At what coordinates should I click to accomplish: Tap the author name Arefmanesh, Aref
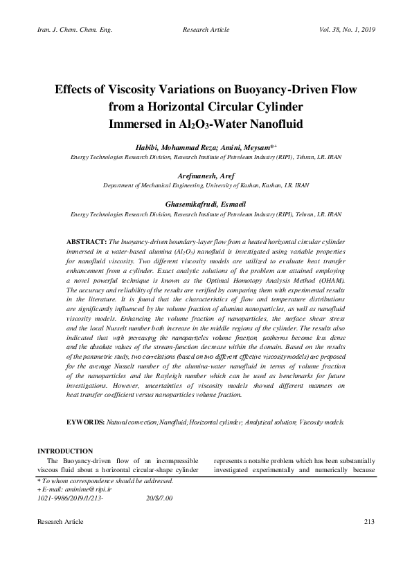pos(206,177)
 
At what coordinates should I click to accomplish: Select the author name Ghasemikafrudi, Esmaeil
pos(206,205)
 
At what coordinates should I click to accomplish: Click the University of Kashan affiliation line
pos(206,186)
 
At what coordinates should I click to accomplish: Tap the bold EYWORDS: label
pos(86,421)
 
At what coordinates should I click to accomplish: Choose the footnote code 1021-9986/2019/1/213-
pos(71,498)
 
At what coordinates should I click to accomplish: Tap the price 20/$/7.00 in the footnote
pos(159,498)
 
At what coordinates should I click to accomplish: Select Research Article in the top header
pos(206,30)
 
